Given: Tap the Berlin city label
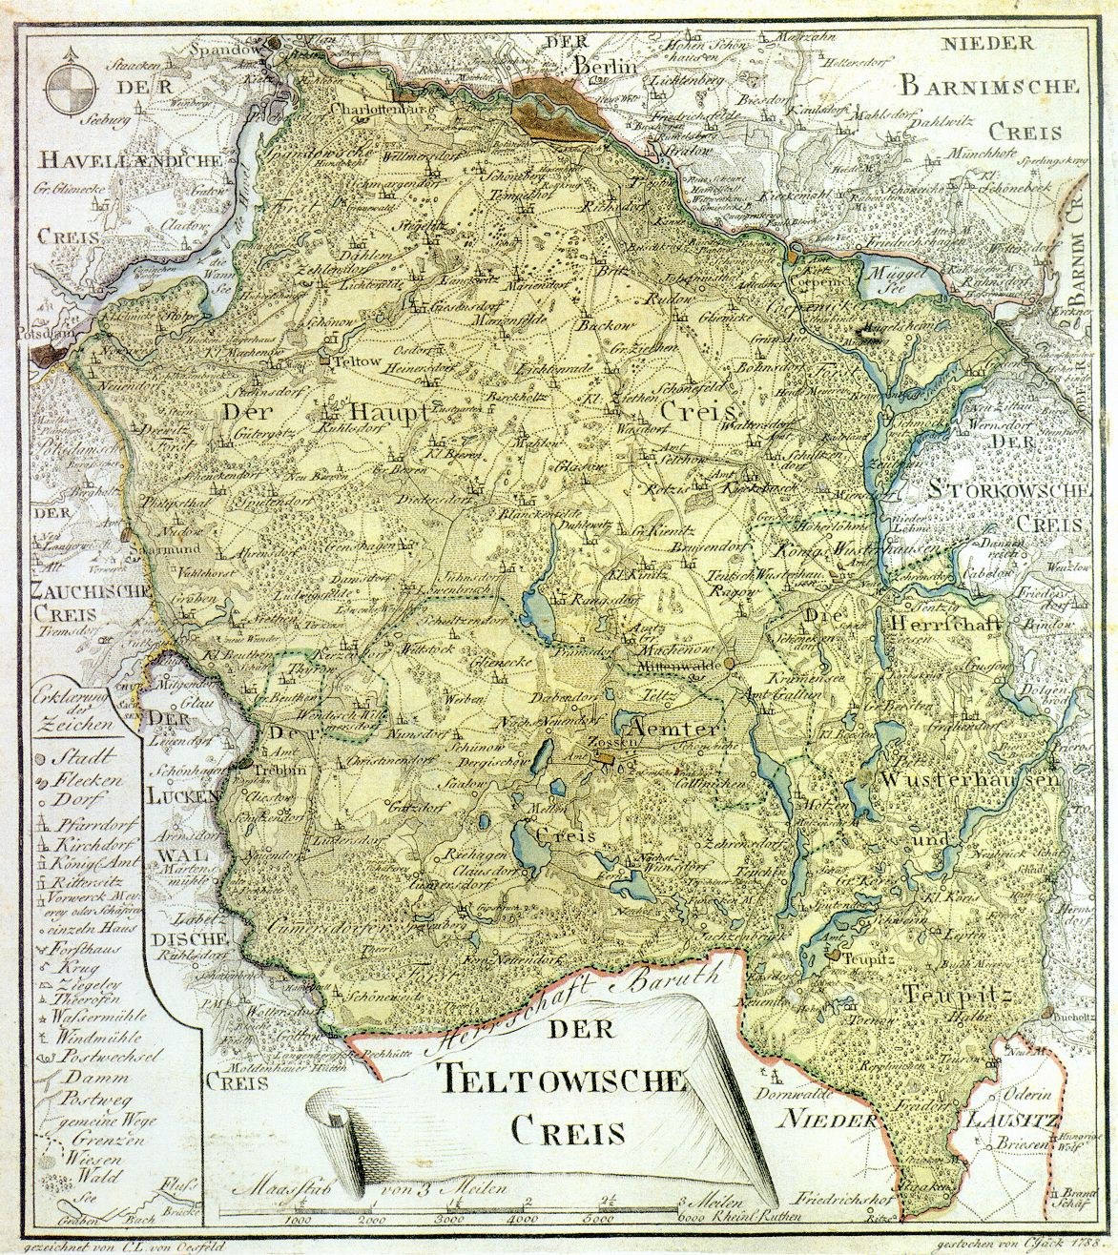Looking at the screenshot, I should click(605, 66).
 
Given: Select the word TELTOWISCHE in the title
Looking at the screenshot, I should click(564, 1079).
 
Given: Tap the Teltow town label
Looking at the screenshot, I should click(347, 362).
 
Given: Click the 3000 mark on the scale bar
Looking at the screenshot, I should click(449, 1219).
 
